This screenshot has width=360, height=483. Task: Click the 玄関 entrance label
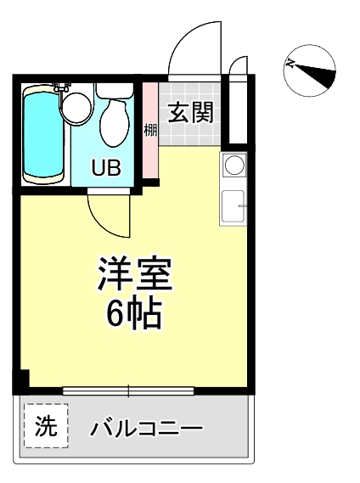(191, 113)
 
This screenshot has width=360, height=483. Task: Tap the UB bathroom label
(106, 168)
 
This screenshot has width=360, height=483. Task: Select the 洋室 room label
(135, 273)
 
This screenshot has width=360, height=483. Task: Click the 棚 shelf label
(150, 130)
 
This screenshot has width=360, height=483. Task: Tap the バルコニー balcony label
(146, 428)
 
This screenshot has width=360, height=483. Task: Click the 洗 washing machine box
(46, 426)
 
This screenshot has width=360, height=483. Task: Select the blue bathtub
(43, 135)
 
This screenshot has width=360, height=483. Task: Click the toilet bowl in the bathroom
(115, 123)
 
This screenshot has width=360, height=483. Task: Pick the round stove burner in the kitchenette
(234, 165)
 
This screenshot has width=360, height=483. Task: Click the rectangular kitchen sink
(233, 206)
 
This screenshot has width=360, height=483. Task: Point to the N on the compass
(290, 63)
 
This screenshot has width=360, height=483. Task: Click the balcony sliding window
(128, 391)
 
